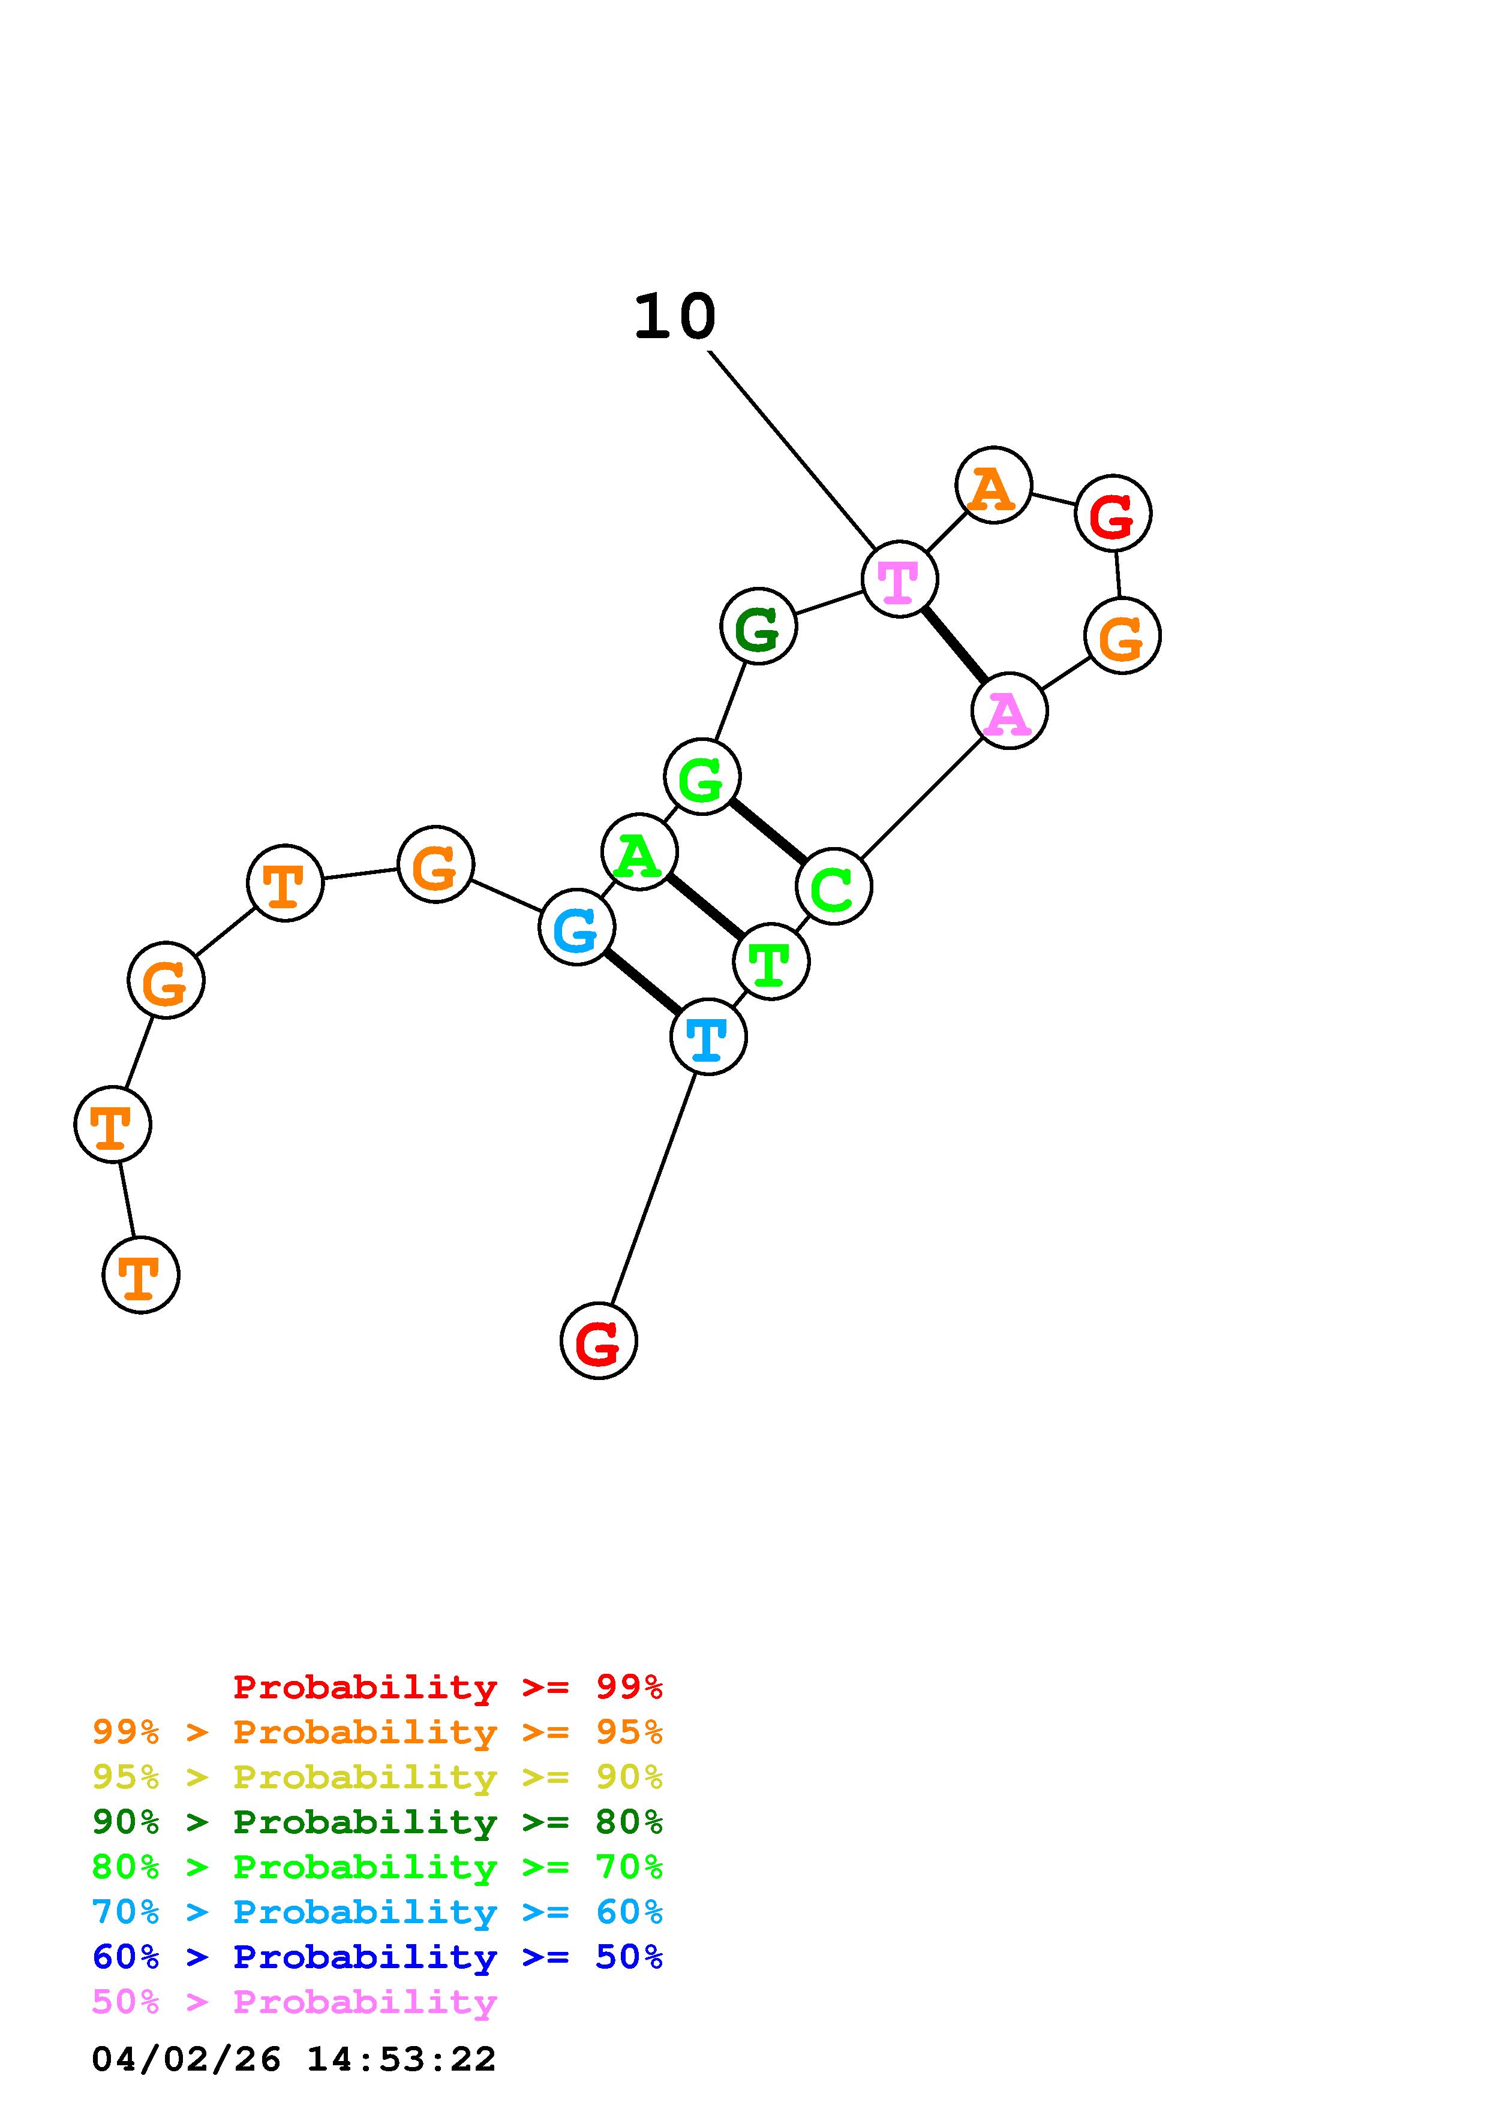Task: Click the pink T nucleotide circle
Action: coord(899,579)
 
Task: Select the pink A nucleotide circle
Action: coord(1009,711)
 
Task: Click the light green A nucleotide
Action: coord(639,852)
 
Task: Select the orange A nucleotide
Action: coord(993,486)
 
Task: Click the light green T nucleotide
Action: coord(771,962)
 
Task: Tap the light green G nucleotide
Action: coord(702,778)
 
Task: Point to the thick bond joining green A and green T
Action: coord(705,907)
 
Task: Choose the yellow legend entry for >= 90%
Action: coord(377,1777)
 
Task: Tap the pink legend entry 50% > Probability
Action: coord(295,2001)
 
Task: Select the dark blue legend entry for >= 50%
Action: coord(377,1957)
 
